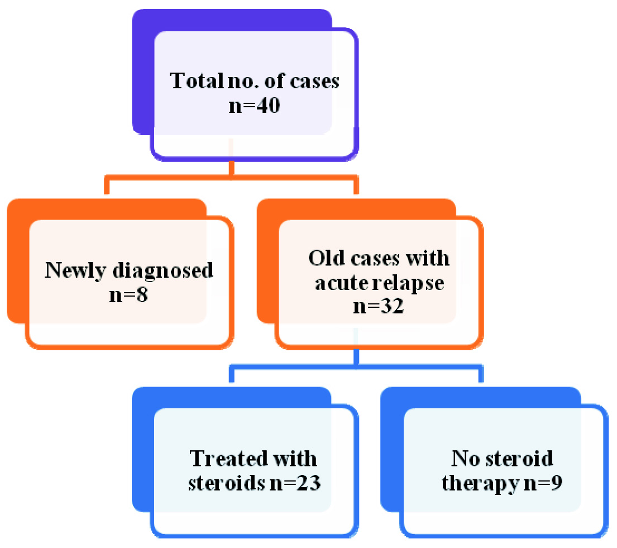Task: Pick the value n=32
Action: [379, 306]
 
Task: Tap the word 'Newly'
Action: [69, 271]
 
